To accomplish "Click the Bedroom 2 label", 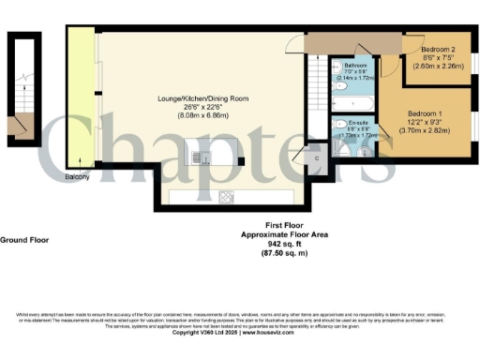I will point(438,49).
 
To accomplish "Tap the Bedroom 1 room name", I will point(426,112).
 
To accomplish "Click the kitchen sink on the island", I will point(199,157).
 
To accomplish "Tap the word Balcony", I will point(77,177).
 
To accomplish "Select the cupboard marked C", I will point(316,157).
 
